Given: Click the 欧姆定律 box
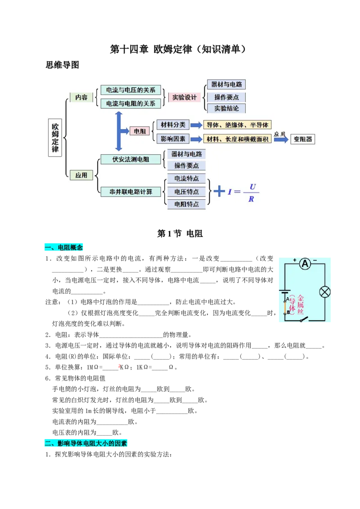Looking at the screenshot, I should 55,137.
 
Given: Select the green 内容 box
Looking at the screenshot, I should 81,97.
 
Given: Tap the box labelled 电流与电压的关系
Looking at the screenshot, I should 130,90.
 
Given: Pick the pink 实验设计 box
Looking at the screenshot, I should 184,97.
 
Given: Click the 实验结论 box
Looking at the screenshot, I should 226,108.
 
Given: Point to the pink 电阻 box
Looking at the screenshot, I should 140,131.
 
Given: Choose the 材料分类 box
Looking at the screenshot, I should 173,125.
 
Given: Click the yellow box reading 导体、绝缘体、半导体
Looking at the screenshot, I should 238,125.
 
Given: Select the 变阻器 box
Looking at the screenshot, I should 303,139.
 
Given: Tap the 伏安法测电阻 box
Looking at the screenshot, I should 130,159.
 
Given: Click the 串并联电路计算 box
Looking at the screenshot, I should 130,192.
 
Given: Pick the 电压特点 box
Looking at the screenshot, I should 186,192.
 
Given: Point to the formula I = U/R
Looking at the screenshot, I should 243,192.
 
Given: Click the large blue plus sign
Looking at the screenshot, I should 219,191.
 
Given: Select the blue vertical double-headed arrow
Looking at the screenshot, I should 119,131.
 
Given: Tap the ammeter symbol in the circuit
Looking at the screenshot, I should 306,264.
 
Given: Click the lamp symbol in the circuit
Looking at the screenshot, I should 324,292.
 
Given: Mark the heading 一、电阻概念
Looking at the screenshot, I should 64,247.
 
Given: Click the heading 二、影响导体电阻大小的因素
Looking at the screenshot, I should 86,443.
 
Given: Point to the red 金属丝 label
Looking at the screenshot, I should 301,304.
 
